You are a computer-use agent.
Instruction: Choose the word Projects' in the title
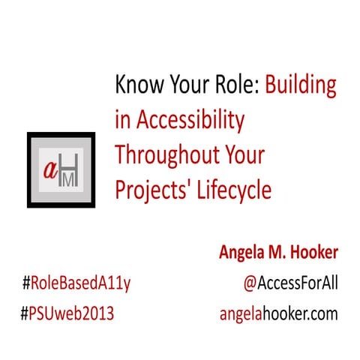coord(150,190)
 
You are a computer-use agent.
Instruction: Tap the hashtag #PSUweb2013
coord(68,312)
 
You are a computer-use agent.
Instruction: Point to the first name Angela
coord(238,253)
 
